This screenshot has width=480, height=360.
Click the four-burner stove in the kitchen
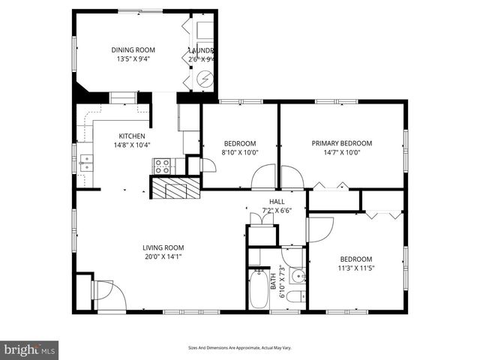click(x=161, y=166)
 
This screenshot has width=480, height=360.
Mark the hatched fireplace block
click(x=176, y=187)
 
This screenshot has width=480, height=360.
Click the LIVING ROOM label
click(x=163, y=247)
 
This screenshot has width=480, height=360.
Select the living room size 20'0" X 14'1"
click(x=163, y=256)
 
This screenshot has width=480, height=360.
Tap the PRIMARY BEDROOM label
click(x=342, y=143)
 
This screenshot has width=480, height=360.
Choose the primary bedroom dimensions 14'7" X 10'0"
click(x=342, y=152)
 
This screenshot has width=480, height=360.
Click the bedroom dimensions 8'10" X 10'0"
click(x=241, y=152)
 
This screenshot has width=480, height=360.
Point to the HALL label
click(x=277, y=202)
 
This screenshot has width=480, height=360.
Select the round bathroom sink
click(x=296, y=274)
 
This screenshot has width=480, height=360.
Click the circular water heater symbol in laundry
click(x=204, y=77)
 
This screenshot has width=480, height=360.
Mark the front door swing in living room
click(x=102, y=295)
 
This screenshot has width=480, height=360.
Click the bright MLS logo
click(x=30, y=349)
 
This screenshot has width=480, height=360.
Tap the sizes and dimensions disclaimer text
click(x=239, y=347)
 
